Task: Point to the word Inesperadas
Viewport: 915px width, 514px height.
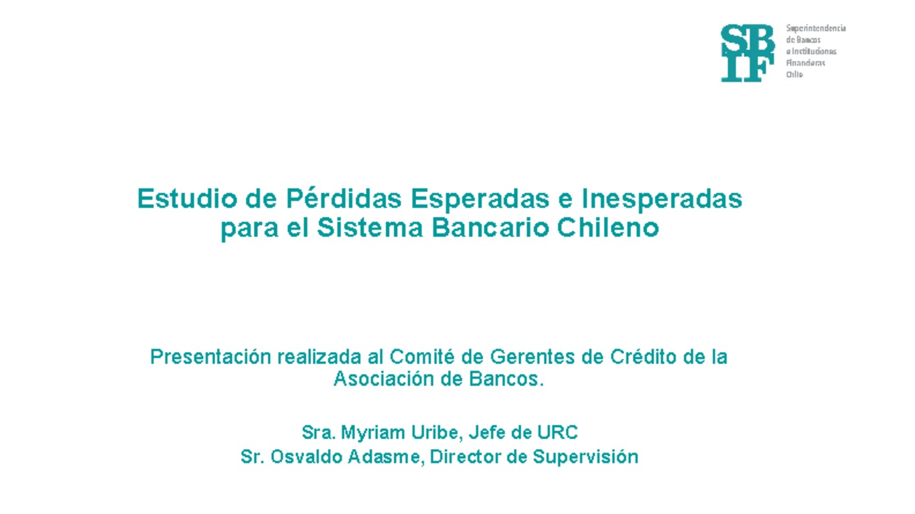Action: [662, 199]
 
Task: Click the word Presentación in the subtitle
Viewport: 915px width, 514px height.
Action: [210, 357]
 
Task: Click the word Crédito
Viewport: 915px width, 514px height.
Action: [643, 357]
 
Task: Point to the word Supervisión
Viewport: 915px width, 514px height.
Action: [585, 457]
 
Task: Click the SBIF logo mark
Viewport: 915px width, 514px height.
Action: [747, 53]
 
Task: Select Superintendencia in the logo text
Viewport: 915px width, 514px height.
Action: [816, 28]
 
